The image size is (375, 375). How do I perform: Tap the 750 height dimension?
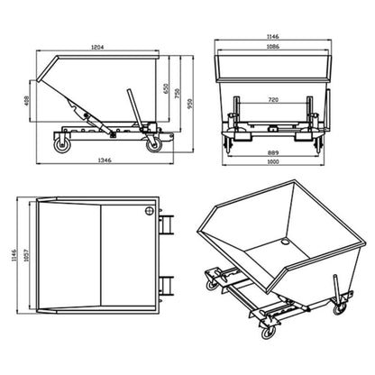[177, 95]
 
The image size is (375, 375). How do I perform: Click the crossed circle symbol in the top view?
[148, 213]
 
